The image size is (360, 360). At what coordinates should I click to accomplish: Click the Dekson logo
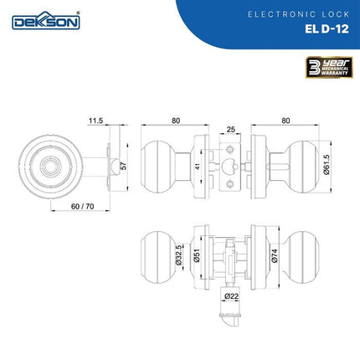click(46, 21)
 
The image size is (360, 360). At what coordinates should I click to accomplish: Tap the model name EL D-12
click(327, 29)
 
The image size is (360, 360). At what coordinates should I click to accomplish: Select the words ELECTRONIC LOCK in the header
click(299, 14)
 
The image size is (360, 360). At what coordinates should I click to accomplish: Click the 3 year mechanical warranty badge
click(329, 67)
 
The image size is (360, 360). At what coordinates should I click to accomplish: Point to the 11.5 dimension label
click(96, 121)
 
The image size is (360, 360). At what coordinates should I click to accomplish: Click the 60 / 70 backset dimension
click(83, 207)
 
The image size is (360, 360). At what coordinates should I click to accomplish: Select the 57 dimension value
click(124, 166)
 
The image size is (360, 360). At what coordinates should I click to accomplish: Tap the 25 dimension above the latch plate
click(231, 130)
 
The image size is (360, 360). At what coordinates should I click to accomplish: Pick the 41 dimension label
click(198, 167)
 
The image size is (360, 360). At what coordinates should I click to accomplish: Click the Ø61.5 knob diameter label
click(327, 165)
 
